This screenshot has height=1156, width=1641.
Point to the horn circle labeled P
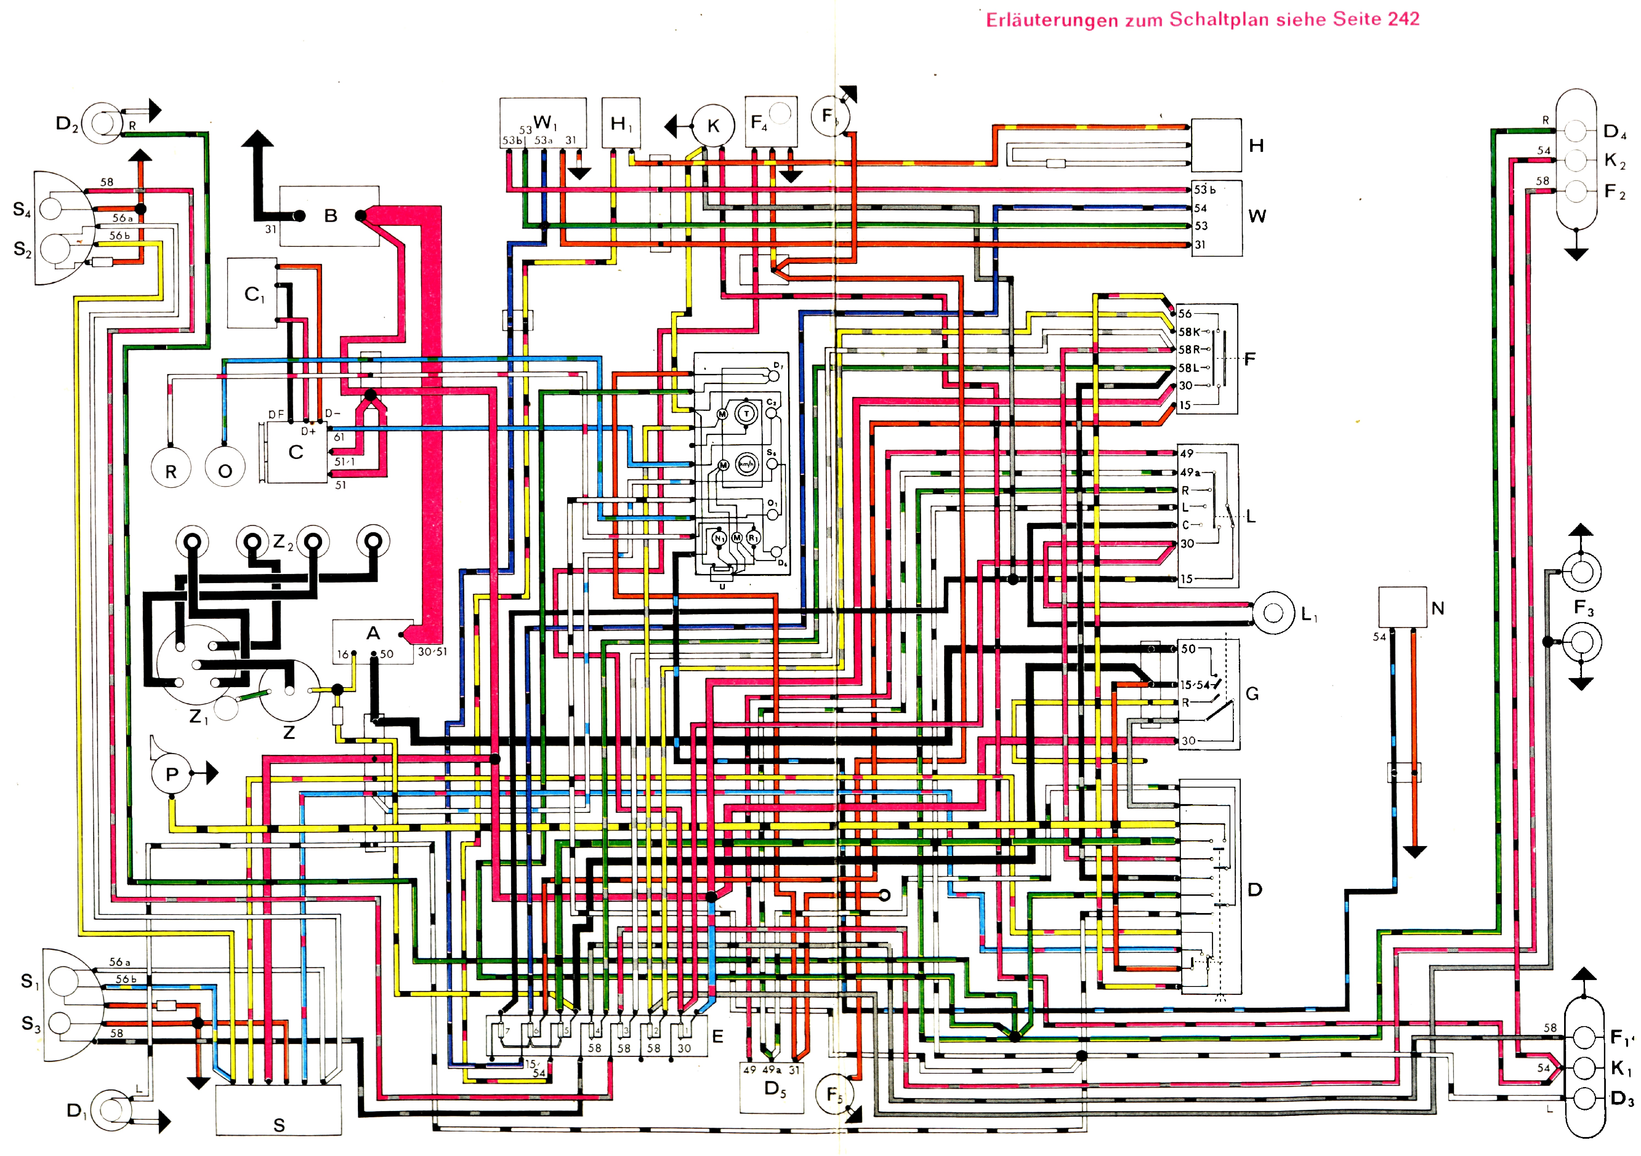click(171, 774)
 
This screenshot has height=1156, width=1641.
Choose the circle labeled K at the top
click(713, 127)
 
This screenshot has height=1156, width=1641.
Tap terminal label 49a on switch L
click(1189, 472)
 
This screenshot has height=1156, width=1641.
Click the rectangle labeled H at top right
click(1216, 145)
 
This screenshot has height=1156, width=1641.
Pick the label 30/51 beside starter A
click(432, 652)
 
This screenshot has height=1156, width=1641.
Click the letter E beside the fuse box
click(717, 1037)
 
